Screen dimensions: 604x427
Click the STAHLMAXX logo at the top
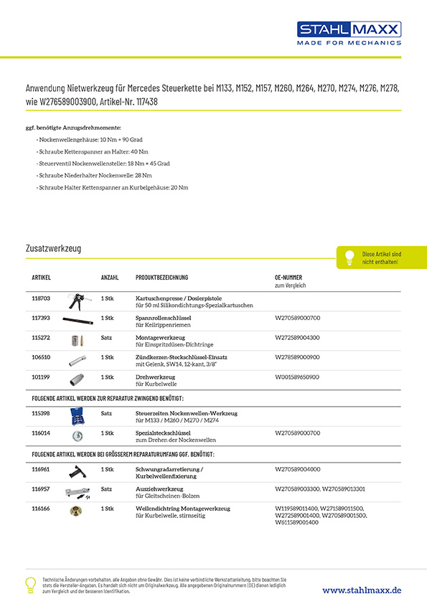(349, 32)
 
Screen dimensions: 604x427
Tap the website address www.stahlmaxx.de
(361, 590)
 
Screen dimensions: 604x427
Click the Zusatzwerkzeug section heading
(53, 248)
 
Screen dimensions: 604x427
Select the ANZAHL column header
(110, 277)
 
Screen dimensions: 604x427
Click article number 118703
(41, 298)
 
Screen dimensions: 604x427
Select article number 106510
(41, 357)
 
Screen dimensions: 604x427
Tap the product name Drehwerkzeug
(156, 376)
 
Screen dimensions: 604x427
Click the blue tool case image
(77, 417)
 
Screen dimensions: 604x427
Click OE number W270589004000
(298, 469)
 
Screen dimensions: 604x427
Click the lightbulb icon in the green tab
(350, 257)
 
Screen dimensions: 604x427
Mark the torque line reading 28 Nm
(95, 175)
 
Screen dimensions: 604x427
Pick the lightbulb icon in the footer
(30, 584)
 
